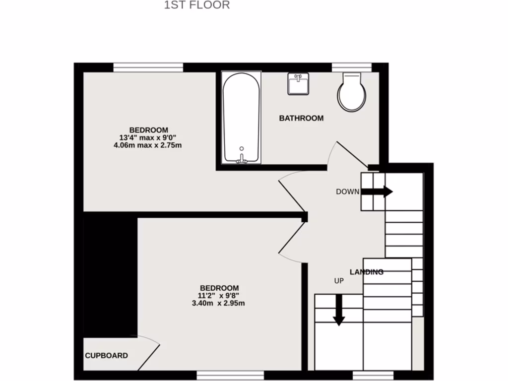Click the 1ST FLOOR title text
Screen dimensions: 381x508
coord(197,5)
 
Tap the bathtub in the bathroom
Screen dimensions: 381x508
coord(241,117)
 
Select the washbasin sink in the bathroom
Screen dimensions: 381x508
coord(298,83)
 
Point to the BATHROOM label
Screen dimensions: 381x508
coord(301,118)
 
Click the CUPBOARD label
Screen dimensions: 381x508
coord(106,356)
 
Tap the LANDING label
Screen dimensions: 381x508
coord(367,272)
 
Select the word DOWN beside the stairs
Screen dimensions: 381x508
coord(347,192)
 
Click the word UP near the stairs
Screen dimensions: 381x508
coord(339,281)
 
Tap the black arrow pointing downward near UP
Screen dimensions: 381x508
coord(339,310)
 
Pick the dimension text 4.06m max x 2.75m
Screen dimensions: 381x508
coord(147,145)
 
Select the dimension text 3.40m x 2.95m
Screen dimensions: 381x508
coord(219,303)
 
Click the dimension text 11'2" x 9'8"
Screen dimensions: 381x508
coord(219,296)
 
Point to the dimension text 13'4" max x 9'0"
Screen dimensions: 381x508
coord(148,138)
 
